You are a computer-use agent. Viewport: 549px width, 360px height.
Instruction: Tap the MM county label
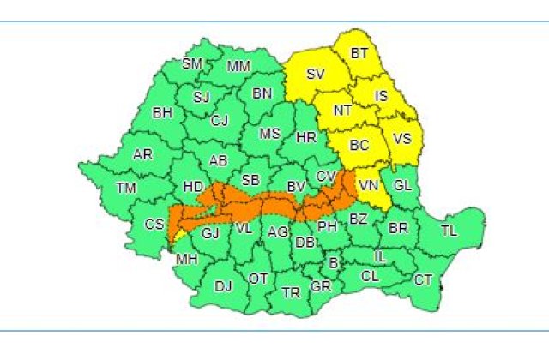(x=238, y=67)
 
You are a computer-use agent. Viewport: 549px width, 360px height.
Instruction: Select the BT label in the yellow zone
(x=359, y=54)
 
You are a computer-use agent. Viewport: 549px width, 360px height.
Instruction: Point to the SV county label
(x=316, y=75)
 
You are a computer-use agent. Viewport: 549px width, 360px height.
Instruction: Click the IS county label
(x=382, y=96)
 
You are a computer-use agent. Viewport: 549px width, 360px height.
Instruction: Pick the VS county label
(x=401, y=138)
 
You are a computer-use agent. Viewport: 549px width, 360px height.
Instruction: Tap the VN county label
(x=369, y=185)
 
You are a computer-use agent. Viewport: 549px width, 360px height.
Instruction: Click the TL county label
(x=449, y=231)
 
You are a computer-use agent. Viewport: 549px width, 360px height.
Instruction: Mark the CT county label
(x=423, y=279)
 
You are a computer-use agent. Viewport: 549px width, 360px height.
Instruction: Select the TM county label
(x=126, y=188)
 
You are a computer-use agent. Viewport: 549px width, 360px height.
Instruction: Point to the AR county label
(x=142, y=155)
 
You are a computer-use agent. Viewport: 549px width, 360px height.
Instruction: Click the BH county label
(x=162, y=112)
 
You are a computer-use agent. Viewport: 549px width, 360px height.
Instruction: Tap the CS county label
(x=154, y=225)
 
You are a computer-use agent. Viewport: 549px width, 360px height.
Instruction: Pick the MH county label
(x=185, y=259)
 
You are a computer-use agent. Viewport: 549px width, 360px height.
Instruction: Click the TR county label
(x=291, y=293)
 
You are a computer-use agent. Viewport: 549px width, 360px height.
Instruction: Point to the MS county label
(x=270, y=134)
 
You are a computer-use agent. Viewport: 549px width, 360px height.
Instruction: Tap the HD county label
(x=192, y=186)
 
